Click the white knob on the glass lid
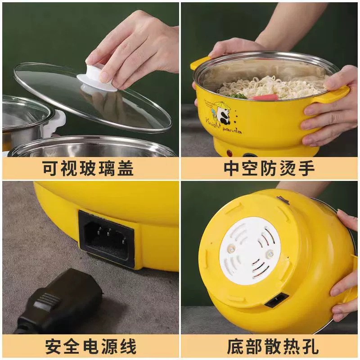pyautogui.click(x=98, y=79)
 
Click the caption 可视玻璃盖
pyautogui.click(x=88, y=168)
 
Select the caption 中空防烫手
pyautogui.click(x=269, y=168)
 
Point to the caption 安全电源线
pyautogui.click(x=90, y=346)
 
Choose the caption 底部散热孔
pyautogui.click(x=273, y=346)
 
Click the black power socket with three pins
pyautogui.click(x=106, y=239)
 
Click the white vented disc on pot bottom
pyautogui.click(x=250, y=251)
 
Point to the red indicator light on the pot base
pyautogui.click(x=229, y=153)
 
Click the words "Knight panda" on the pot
pyautogui.click(x=223, y=126)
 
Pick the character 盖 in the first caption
pyautogui.click(x=126, y=168)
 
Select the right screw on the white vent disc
pyautogui.click(x=270, y=253)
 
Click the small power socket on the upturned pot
pyautogui.click(x=277, y=300)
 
